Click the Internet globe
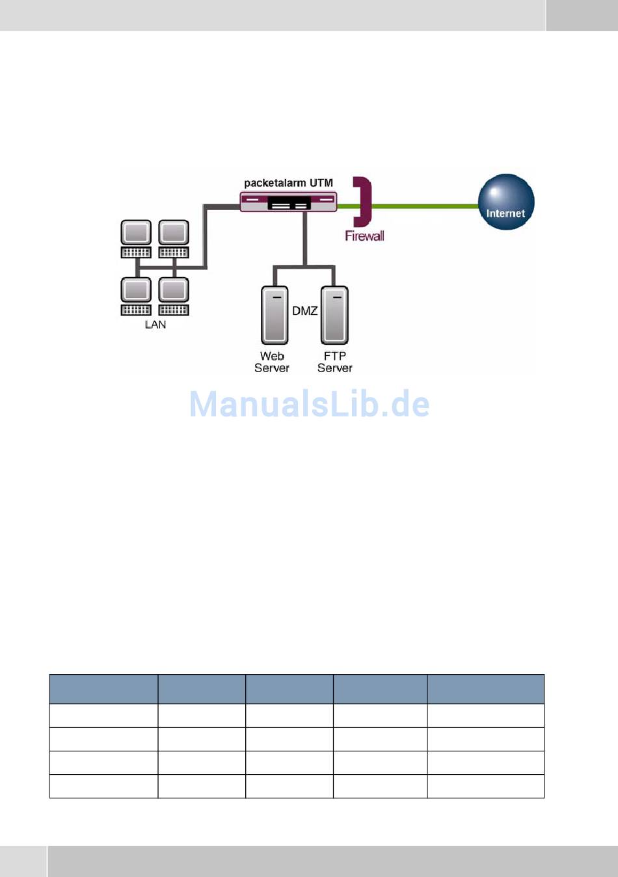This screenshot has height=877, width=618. point(506,202)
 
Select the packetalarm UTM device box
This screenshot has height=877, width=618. point(288,202)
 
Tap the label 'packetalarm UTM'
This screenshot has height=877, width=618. point(288,183)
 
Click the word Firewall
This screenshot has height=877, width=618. point(364,236)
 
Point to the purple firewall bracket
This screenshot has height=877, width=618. point(364,201)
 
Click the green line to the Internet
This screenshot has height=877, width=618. point(423,206)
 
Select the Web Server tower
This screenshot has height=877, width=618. point(275,315)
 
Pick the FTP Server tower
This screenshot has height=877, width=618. point(334,315)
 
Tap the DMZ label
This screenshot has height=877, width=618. point(304,311)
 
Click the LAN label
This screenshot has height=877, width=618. point(155,325)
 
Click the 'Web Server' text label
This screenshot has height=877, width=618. point(272,362)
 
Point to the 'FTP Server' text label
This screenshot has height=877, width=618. point(334,362)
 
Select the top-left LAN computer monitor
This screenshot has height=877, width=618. point(136,232)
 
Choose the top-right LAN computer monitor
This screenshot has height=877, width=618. point(174,232)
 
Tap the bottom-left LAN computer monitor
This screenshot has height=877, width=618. point(136,290)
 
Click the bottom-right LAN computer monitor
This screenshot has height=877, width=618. point(174,290)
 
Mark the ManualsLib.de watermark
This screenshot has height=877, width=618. point(309,404)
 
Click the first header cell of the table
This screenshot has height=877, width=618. point(103,689)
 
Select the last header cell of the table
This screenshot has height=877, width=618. point(485,689)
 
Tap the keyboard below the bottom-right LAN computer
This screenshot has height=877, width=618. point(174,310)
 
